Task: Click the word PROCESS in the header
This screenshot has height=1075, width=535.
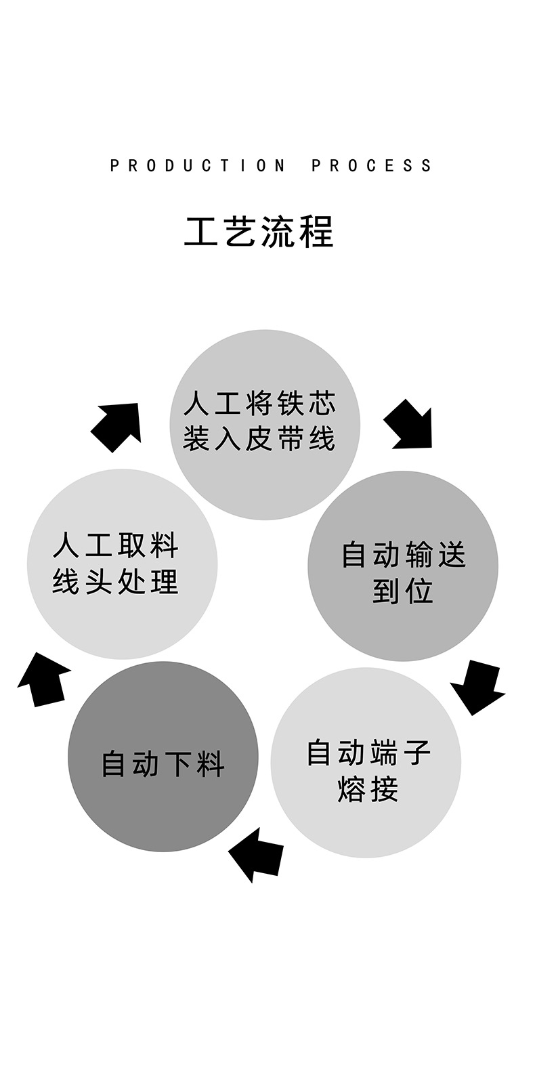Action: [x=371, y=166]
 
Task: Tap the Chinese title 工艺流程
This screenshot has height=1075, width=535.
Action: [x=259, y=232]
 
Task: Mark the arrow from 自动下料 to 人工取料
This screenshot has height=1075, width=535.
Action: [x=43, y=679]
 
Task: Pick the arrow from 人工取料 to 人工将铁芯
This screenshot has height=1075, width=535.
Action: [x=118, y=426]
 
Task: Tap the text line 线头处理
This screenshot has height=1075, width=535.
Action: [x=116, y=581]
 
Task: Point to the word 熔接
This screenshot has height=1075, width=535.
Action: [x=368, y=790]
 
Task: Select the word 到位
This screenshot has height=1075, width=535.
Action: [x=402, y=591]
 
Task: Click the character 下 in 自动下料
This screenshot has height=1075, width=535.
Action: [x=179, y=764]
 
